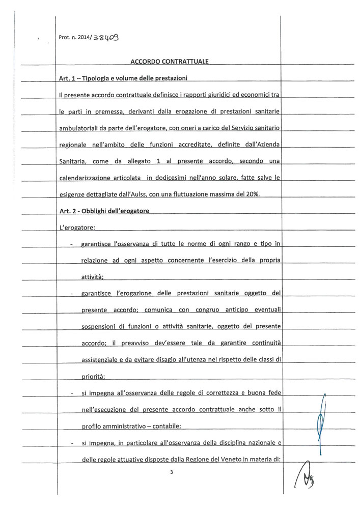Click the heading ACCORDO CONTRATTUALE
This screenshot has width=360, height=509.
(x=170, y=62)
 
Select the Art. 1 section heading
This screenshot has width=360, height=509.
(x=124, y=77)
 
